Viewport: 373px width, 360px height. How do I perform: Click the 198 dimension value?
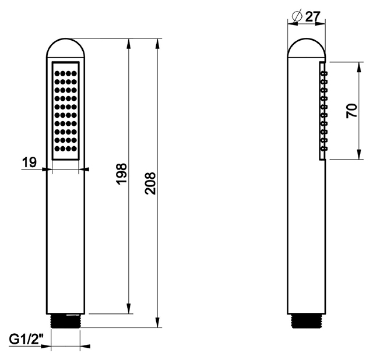coord(122,174)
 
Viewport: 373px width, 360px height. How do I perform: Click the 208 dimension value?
coord(150,183)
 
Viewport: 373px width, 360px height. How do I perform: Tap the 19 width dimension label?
coord(30,163)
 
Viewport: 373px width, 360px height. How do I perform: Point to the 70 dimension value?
coord(352,111)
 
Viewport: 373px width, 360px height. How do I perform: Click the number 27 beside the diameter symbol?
coord(312,17)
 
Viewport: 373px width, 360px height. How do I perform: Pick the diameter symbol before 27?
coord(297,16)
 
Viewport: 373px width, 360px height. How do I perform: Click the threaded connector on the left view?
coord(66,321)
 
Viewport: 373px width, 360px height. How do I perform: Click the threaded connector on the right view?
coord(307,321)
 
